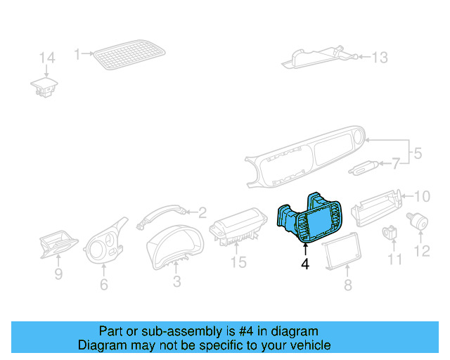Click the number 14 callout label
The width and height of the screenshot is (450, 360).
tap(46, 58)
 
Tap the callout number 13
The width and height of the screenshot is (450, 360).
tap(379, 58)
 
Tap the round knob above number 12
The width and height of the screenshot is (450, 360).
tap(421, 221)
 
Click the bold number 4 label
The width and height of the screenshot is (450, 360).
tap(304, 264)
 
